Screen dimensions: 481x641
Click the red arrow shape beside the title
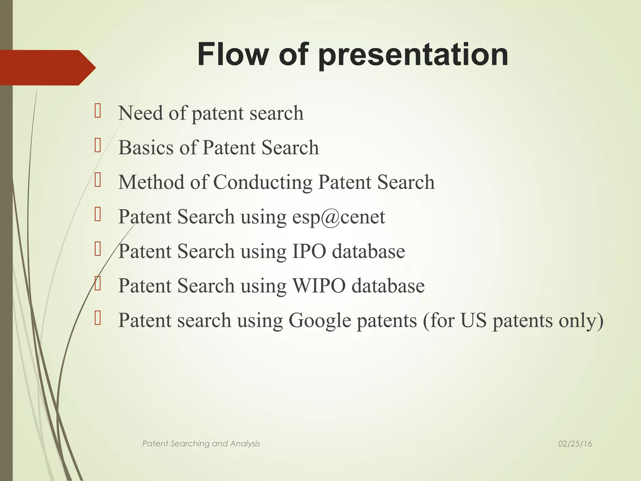47,67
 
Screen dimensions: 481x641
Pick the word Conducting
263,183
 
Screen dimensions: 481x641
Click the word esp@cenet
338,217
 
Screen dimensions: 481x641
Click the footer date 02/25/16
575,444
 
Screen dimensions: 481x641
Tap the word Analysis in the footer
245,444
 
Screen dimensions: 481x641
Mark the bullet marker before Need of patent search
98,111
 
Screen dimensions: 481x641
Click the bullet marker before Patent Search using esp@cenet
98,215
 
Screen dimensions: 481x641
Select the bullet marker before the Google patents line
98,318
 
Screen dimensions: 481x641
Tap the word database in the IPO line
368,251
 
